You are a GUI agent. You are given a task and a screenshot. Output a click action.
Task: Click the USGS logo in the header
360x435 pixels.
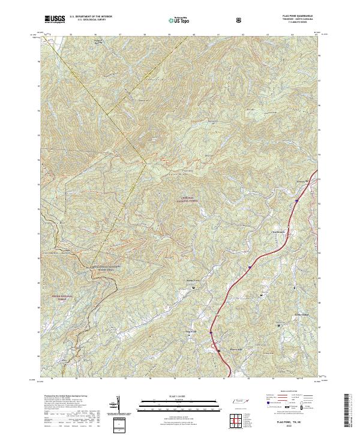point(55,20)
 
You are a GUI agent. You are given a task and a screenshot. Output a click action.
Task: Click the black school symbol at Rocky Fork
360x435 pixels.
point(193,289)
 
